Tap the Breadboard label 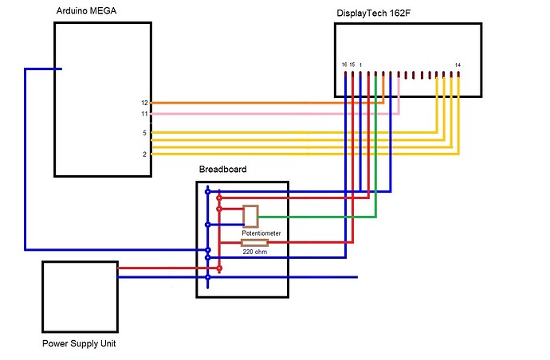[x=222, y=170]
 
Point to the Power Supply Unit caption [x=80, y=344]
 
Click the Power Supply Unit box [x=80, y=296]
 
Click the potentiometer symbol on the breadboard [x=250, y=216]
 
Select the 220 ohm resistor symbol [x=254, y=242]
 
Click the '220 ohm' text [x=255, y=252]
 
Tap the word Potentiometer [x=261, y=233]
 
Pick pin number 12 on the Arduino [x=144, y=103]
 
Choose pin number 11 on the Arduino [x=144, y=114]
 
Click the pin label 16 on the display [x=344, y=64]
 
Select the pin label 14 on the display [x=458, y=64]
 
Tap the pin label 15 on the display [x=352, y=64]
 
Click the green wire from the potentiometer [x=319, y=216]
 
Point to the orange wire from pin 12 [x=263, y=103]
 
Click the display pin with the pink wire [x=399, y=77]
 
